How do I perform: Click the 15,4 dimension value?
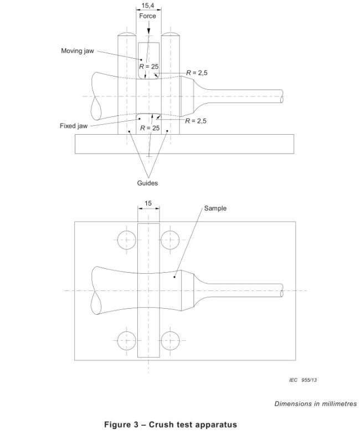click(148, 5)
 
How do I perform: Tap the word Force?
click(147, 16)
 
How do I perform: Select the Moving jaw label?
click(78, 51)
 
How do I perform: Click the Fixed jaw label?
click(74, 126)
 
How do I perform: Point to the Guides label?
click(147, 183)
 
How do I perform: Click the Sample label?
click(215, 208)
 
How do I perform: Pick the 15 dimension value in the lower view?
click(148, 203)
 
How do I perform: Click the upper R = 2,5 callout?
click(197, 73)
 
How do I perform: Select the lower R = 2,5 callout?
click(196, 121)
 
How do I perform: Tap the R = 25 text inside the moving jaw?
click(149, 67)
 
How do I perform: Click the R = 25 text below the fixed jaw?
click(150, 128)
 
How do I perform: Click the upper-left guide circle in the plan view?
click(127, 240)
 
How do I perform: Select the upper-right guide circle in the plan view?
click(170, 240)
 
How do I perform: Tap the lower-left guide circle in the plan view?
click(127, 340)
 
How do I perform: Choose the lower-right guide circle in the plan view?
click(170, 340)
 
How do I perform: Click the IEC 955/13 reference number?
click(303, 380)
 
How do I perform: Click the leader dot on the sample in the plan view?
click(174, 277)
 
